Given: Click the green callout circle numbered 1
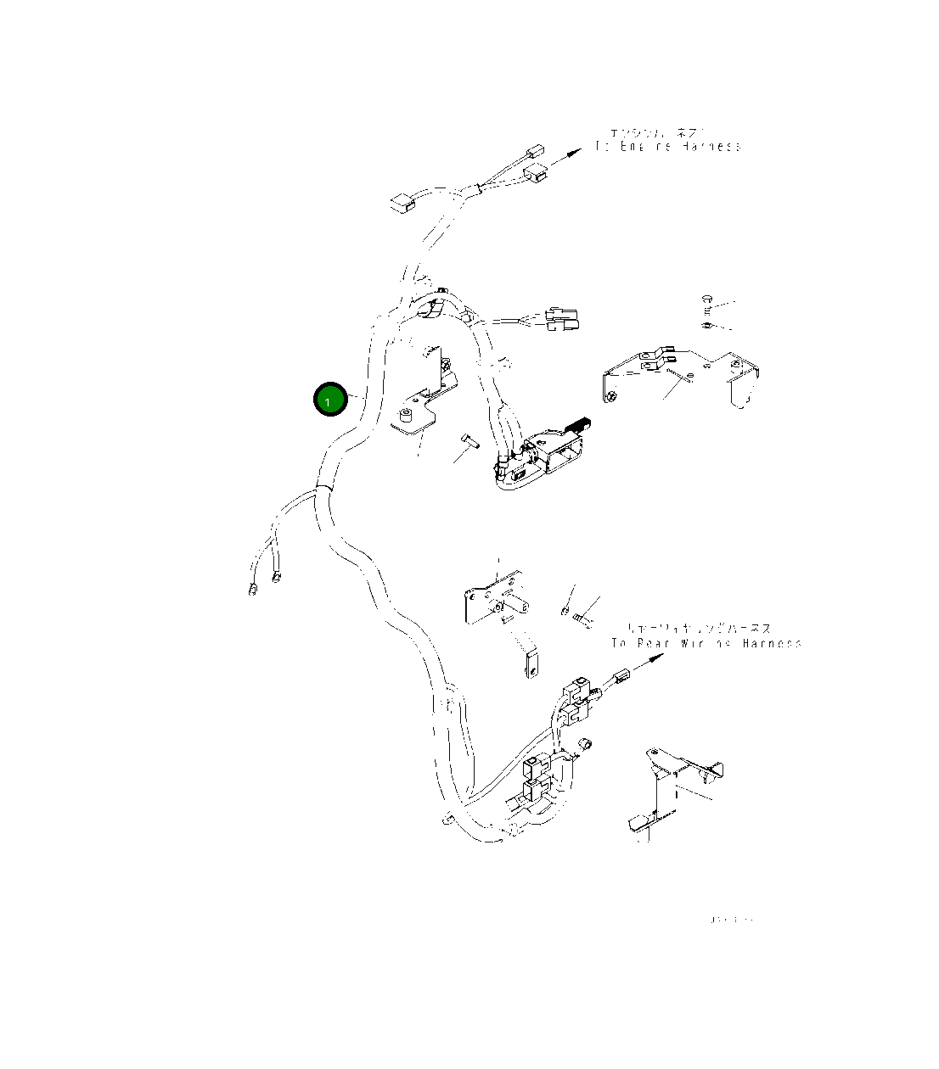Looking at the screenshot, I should (x=330, y=400).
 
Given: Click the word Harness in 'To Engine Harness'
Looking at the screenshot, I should (x=710, y=147).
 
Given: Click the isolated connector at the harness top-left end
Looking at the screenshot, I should (x=400, y=203).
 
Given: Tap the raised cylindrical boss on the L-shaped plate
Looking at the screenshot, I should (x=405, y=416).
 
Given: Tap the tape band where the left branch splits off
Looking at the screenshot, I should (x=322, y=488).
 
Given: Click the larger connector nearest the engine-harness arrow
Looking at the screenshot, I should (x=536, y=176).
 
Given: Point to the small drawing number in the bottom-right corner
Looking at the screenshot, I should (x=731, y=920).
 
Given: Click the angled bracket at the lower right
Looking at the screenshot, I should (x=666, y=789).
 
